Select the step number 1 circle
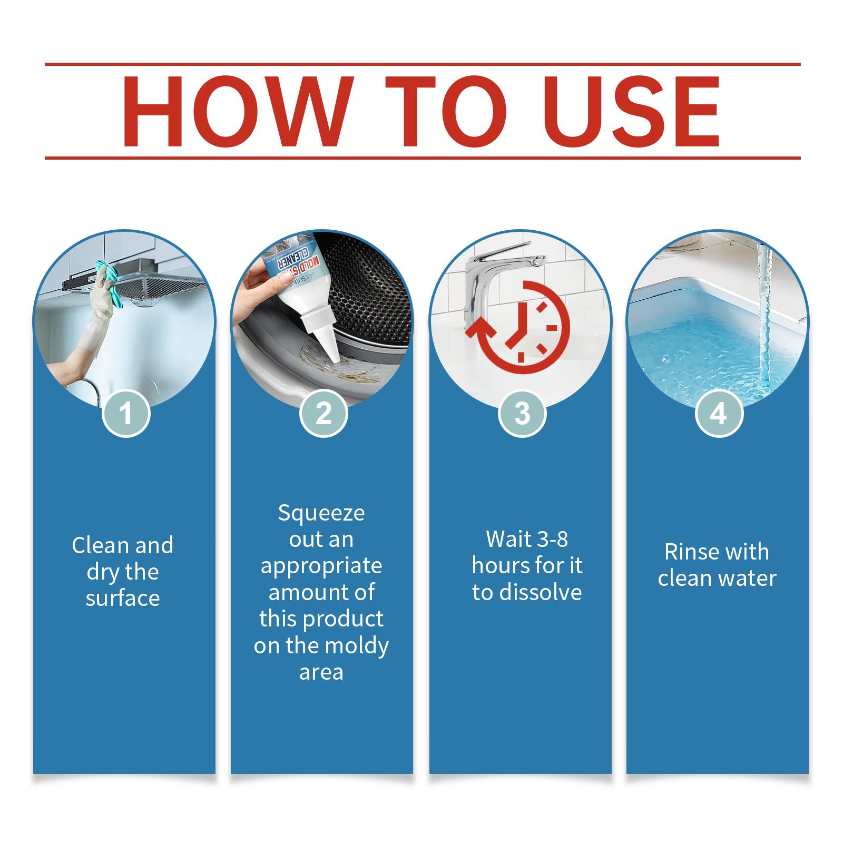(126, 413)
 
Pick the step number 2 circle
(324, 413)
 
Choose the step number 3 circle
(522, 413)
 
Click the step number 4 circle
(719, 413)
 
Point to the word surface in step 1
(123, 599)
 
